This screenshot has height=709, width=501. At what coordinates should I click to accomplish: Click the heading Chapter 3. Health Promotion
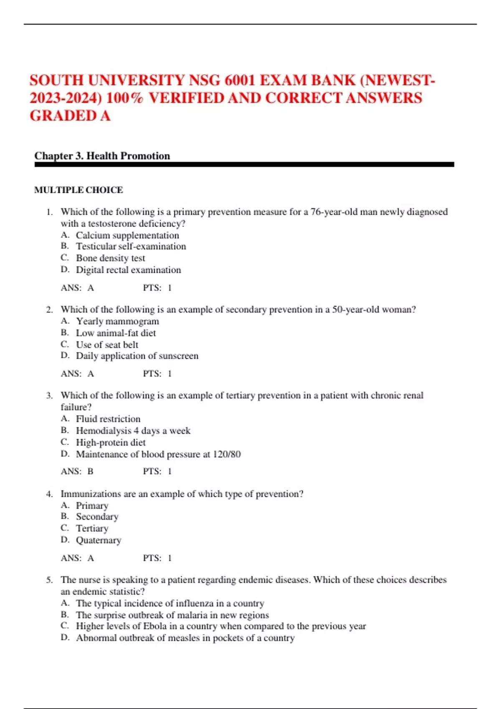[102, 156]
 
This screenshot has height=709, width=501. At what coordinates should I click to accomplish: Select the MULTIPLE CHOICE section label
[78, 190]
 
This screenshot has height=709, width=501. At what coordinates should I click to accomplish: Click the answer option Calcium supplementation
[127, 235]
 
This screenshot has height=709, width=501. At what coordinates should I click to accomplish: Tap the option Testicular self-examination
[131, 246]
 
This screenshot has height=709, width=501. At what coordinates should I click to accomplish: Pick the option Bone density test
[110, 258]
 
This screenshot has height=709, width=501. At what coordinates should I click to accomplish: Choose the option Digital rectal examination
[128, 270]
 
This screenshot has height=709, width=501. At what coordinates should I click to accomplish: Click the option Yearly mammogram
[117, 321]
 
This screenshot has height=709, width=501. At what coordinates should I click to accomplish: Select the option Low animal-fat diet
[116, 333]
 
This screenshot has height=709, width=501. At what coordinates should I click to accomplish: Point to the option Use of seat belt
[107, 344]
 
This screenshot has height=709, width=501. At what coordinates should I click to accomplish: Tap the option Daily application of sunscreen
[137, 356]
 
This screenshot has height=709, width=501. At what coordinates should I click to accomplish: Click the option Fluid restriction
[108, 419]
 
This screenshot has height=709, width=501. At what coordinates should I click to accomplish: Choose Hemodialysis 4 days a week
[133, 430]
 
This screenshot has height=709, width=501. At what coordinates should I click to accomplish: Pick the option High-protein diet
[111, 442]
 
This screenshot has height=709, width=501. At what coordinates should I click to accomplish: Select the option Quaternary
[98, 540]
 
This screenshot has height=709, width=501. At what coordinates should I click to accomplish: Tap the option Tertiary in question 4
[92, 528]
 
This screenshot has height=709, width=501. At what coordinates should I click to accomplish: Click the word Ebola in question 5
[155, 626]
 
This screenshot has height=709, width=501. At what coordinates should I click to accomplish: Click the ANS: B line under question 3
[77, 471]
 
